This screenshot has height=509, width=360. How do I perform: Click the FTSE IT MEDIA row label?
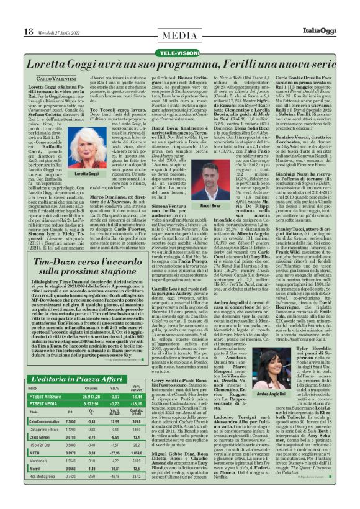[43, 385]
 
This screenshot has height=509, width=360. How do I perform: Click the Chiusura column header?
[92, 371]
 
